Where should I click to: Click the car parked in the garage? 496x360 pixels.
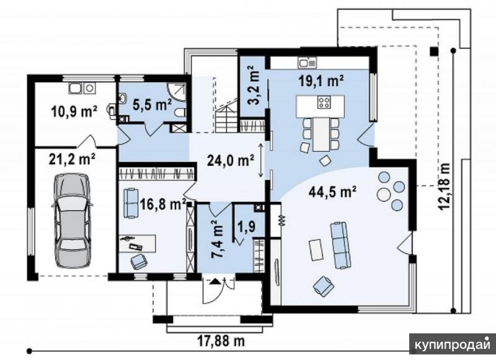coord(72,221)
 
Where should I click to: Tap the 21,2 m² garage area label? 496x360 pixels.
coord(72,159)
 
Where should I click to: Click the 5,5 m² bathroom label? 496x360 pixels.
coord(152,104)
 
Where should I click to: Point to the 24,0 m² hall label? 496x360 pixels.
coord(230,160)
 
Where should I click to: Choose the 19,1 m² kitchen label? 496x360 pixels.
coord(321,81)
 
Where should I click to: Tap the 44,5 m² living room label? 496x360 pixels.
coord(332,191)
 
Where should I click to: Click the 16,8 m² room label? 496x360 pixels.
coord(163,204)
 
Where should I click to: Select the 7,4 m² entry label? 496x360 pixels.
coord(218,239)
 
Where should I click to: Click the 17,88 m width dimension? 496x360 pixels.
coord(221,341)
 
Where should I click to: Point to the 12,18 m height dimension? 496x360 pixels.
coord(444,186)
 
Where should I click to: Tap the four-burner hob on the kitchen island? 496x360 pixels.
coord(324,102)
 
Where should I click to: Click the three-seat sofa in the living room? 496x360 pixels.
coord(340,245)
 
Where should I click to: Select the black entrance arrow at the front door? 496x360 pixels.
coord(215,281)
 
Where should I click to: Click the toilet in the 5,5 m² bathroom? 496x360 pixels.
coord(180,113)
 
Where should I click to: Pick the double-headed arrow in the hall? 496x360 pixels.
coord(261,160)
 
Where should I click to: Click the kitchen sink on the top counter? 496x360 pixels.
coord(307,63)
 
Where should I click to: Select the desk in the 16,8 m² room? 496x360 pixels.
coord(138,244)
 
